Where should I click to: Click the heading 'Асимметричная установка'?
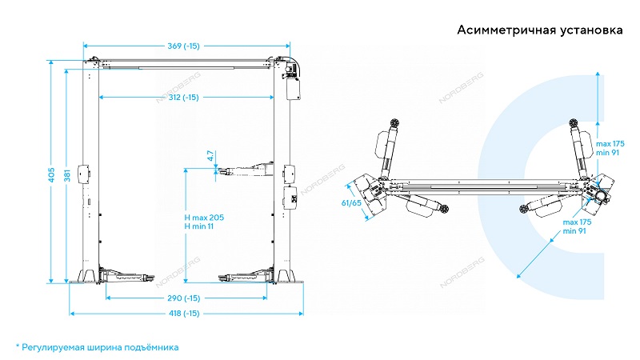[x=539, y=31]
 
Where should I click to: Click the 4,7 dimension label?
[x=210, y=156]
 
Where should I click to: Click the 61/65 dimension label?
[x=350, y=204]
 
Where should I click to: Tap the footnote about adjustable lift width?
[x=97, y=347]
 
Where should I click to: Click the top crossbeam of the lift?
[x=184, y=62]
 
